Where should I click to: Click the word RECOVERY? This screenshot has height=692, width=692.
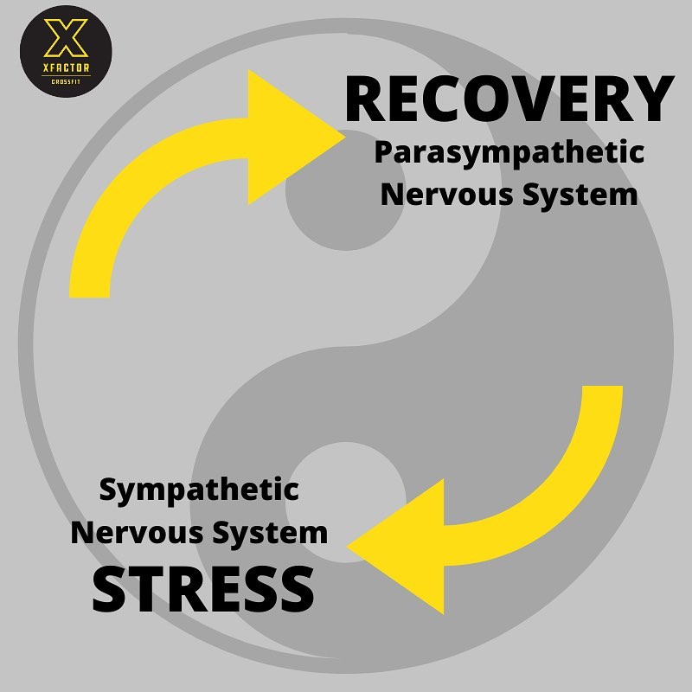pos(509,100)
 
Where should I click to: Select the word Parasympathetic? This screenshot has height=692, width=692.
pos(509,154)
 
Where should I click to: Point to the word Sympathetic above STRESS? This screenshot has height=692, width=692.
pos(199,490)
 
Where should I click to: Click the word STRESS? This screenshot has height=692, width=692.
pos(203,587)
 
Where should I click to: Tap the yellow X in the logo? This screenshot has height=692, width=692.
pos(65,39)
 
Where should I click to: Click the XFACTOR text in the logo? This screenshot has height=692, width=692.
pos(66,68)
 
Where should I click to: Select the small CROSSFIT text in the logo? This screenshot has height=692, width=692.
pos(66,80)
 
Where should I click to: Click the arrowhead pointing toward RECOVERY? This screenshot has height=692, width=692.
pos(290,138)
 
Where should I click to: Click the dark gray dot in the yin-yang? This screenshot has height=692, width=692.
pos(333,190)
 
